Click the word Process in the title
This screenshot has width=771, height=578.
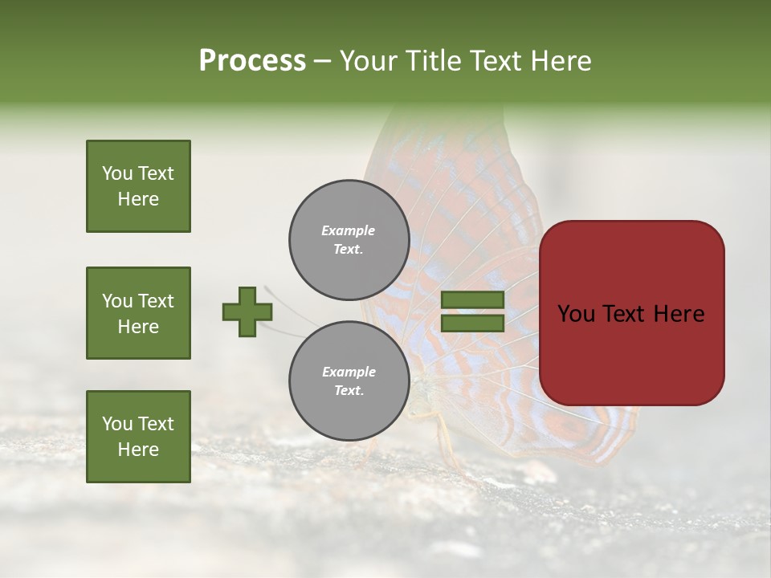pyautogui.click(x=252, y=61)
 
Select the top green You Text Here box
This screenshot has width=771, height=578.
pyautogui.click(x=138, y=186)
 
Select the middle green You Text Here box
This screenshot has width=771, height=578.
pyautogui.click(x=138, y=313)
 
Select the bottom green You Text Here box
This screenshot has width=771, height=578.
pyautogui.click(x=138, y=437)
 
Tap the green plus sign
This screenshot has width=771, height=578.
pyautogui.click(x=247, y=311)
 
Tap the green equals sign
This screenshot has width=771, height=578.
pyautogui.click(x=472, y=311)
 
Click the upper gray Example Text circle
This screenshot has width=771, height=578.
pyautogui.click(x=349, y=240)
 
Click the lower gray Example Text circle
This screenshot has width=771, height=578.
pyautogui.click(x=349, y=381)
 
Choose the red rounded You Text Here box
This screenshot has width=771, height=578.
pyautogui.click(x=631, y=313)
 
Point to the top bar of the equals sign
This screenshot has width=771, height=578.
pyautogui.click(x=472, y=300)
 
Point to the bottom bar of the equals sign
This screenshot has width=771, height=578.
pyautogui.click(x=472, y=323)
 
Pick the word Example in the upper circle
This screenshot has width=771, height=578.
pyautogui.click(x=349, y=230)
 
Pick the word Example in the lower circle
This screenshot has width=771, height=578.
pyautogui.click(x=349, y=372)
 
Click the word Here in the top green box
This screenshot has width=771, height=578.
pyautogui.click(x=138, y=199)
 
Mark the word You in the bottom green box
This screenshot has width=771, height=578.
pyautogui.click(x=117, y=424)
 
